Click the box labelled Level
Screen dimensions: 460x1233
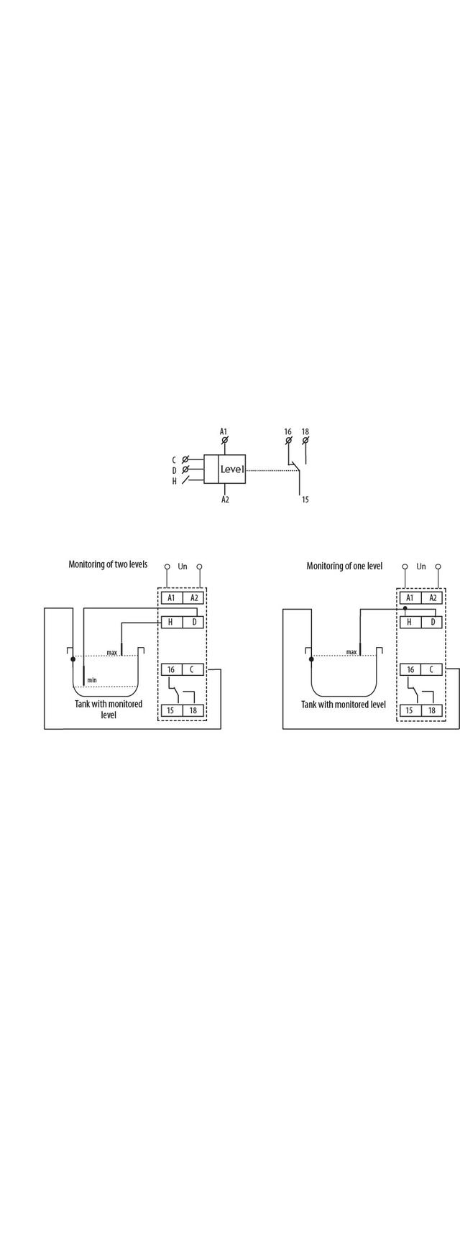pyautogui.click(x=224, y=469)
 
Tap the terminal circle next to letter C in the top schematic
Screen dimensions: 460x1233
pyautogui.click(x=185, y=459)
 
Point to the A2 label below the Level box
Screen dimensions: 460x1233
pyautogui.click(x=225, y=499)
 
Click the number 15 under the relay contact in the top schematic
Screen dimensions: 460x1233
pyautogui.click(x=305, y=499)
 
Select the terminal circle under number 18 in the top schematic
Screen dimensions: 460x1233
pyautogui.click(x=305, y=440)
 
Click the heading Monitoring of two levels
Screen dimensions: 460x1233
pyautogui.click(x=108, y=564)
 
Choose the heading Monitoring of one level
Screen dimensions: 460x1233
pyautogui.click(x=344, y=566)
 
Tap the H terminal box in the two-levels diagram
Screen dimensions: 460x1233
pyautogui.click(x=171, y=622)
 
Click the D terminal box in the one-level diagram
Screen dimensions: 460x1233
pyautogui.click(x=433, y=622)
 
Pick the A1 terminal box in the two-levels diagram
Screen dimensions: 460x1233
pyautogui.click(x=171, y=597)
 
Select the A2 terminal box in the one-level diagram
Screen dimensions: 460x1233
pyautogui.click(x=433, y=597)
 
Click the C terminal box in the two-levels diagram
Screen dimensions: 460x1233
pyautogui.click(x=193, y=669)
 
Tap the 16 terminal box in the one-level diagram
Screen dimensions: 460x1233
pyautogui.click(x=410, y=669)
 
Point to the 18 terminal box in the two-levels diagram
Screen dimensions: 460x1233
pyautogui.click(x=193, y=710)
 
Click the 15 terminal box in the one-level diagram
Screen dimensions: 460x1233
pyautogui.click(x=410, y=710)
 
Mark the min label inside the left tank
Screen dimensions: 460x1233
pyautogui.click(x=92, y=679)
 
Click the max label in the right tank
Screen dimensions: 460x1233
pyautogui.click(x=351, y=652)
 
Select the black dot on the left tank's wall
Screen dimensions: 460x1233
pyautogui.click(x=73, y=659)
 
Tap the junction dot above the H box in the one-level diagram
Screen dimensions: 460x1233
pyautogui.click(x=405, y=608)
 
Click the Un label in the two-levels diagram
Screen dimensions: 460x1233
pyautogui.click(x=183, y=567)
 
